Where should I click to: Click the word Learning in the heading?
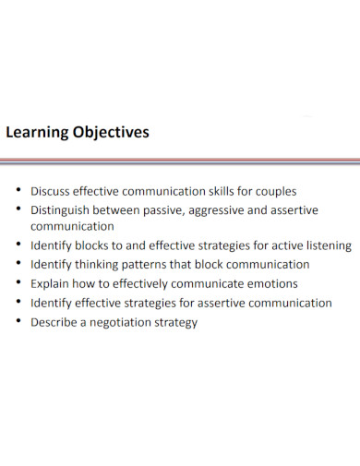(36, 133)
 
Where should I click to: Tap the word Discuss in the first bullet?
(50, 192)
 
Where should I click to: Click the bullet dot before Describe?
(18, 322)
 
